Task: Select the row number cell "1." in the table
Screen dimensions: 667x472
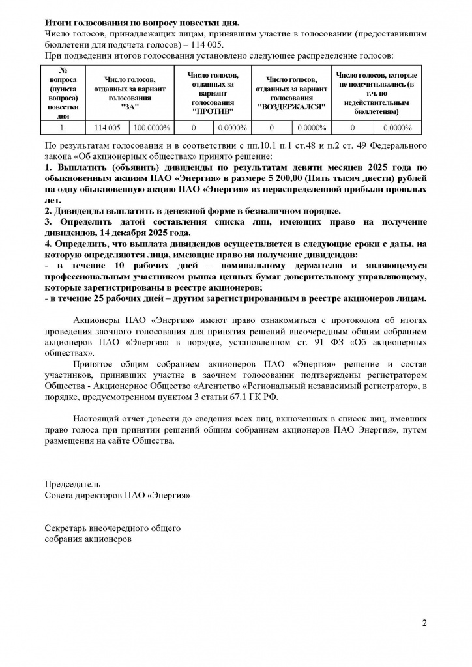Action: (63, 128)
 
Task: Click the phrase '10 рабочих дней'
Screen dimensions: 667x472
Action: (128, 266)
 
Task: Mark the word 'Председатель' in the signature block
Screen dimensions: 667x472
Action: (72, 485)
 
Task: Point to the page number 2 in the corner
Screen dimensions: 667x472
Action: (424, 623)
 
